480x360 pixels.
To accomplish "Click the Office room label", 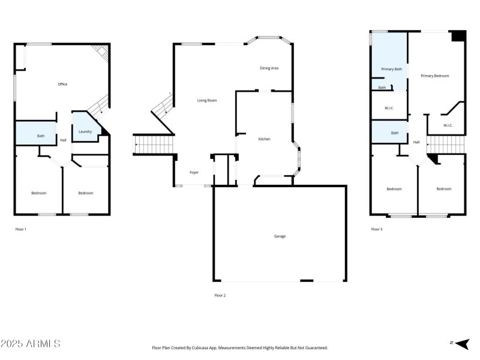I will pyautogui.click(x=62, y=84).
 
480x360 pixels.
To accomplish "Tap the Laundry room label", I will pyautogui.click(x=85, y=131).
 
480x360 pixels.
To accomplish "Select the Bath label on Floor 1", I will pyautogui.click(x=41, y=136).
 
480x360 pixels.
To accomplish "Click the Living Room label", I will pyautogui.click(x=207, y=100).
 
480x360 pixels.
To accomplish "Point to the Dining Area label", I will pyautogui.click(x=269, y=68).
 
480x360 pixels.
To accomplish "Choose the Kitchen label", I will pyautogui.click(x=264, y=139).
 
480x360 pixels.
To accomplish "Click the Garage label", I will pyautogui.click(x=280, y=236).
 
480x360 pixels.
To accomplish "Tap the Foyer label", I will pyautogui.click(x=194, y=173).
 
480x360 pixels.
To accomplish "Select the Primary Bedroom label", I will pyautogui.click(x=434, y=76).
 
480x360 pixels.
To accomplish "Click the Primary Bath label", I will pyautogui.click(x=391, y=69).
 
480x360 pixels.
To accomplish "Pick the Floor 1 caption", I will pyautogui.click(x=20, y=229).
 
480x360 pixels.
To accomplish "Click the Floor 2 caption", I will pyautogui.click(x=220, y=295).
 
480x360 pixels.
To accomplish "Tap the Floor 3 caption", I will pyautogui.click(x=377, y=229).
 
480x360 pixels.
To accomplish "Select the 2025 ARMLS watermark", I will pyautogui.click(x=31, y=344).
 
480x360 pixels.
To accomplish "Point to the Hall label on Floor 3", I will pyautogui.click(x=416, y=142).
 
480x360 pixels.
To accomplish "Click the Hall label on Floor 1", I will pyautogui.click(x=63, y=140).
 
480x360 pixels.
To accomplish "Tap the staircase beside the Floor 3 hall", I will pyautogui.click(x=446, y=144).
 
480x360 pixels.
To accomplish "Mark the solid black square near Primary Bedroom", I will pyautogui.click(x=458, y=36).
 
